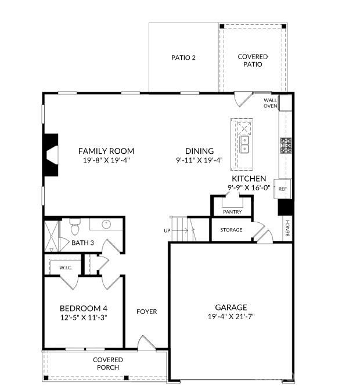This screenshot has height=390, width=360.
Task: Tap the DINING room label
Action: point(199,151)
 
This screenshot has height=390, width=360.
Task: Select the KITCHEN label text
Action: point(249,179)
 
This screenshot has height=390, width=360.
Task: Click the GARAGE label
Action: point(231,307)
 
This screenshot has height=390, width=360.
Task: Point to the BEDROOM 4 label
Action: point(84,308)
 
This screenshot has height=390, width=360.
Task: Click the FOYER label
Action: point(146,312)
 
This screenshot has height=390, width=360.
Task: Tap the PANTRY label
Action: point(232,212)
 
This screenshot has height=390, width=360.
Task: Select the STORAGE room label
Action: point(231,230)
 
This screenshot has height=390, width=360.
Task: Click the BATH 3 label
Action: point(82,242)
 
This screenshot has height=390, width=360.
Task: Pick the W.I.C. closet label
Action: point(65,268)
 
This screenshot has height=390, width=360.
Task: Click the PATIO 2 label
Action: point(183,57)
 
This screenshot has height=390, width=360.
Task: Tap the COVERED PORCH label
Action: point(108,363)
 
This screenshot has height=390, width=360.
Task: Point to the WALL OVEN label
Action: point(270,103)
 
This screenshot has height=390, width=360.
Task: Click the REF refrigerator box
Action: point(283,189)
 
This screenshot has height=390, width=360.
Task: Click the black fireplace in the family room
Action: point(51,154)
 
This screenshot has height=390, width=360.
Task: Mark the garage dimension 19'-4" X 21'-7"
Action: point(231,317)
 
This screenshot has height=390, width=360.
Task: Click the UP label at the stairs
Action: point(167,230)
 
